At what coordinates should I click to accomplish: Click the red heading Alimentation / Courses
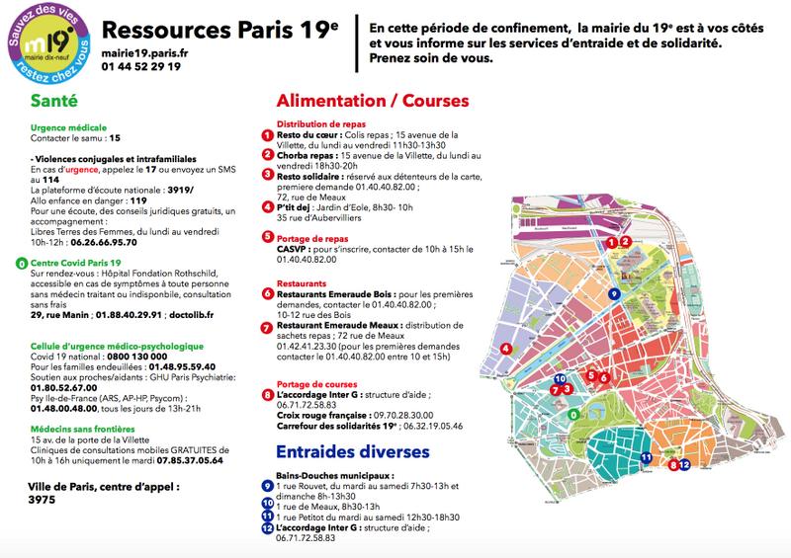373,101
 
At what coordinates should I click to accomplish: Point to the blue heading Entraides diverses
353,451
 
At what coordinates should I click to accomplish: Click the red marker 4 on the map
506,348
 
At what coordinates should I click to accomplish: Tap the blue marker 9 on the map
614,293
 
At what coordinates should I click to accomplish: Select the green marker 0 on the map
573,415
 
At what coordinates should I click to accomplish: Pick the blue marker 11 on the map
645,457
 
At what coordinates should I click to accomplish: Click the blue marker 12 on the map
683,464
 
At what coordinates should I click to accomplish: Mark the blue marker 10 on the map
561,378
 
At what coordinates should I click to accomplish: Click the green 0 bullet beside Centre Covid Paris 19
22,264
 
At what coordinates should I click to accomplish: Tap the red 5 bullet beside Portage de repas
267,237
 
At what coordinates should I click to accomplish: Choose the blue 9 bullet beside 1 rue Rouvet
267,486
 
